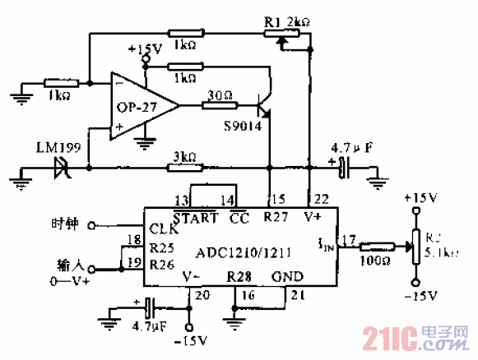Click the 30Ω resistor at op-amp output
(221, 104)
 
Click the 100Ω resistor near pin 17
(375, 246)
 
